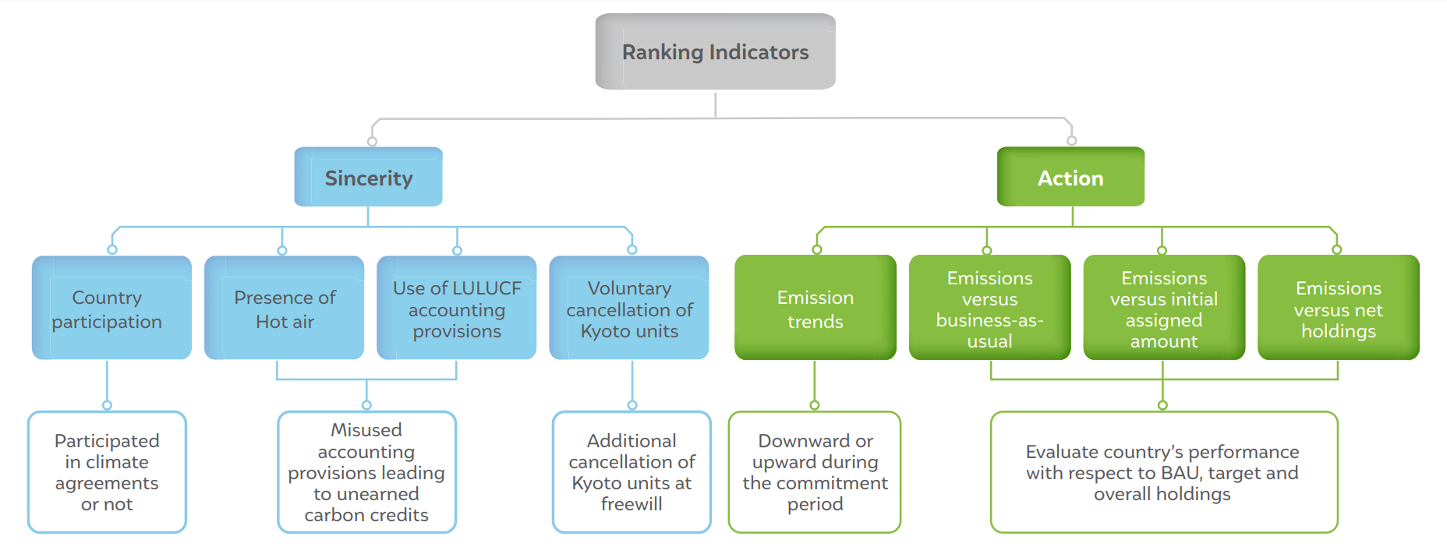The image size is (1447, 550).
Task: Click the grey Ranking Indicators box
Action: coord(715,51)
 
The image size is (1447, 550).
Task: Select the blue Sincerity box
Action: coord(368,177)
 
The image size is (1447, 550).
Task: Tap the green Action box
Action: coord(1070,177)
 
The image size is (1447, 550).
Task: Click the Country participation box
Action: coord(111,308)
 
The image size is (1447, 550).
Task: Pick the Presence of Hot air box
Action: coord(284,308)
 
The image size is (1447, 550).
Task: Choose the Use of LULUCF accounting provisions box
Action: coord(456,308)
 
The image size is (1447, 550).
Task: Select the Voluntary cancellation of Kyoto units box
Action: coord(629,308)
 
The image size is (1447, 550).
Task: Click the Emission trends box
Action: coord(815,308)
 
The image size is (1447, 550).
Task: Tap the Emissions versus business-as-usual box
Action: coord(989,308)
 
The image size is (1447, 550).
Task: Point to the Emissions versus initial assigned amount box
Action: coord(1164,308)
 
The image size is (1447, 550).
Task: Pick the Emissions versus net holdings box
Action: coord(1339,308)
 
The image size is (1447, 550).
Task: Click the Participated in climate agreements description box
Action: coord(107,472)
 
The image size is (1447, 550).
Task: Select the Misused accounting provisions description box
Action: coord(366,472)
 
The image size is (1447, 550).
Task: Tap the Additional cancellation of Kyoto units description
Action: coord(632,472)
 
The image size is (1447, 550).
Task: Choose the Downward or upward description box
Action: coord(815,472)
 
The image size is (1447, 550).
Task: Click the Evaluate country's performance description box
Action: coord(1164,472)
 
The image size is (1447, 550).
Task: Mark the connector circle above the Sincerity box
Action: coord(373,142)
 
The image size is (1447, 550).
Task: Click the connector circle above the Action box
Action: coord(1072,141)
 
